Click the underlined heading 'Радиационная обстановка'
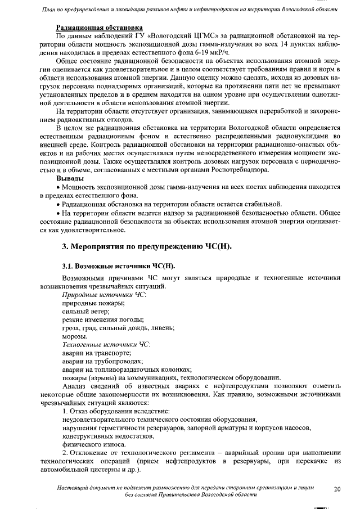(99, 28)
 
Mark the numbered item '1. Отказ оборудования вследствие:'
(116, 411)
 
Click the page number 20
(337, 489)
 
